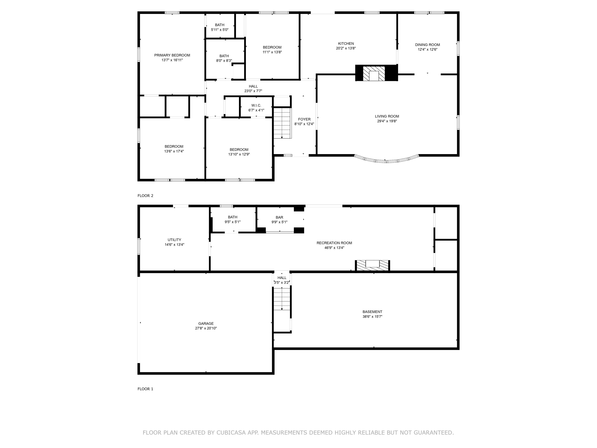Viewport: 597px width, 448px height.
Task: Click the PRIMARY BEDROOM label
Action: coord(172,55)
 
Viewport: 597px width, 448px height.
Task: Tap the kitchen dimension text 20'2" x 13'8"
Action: coord(346,48)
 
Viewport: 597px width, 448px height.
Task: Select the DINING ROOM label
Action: coord(427,45)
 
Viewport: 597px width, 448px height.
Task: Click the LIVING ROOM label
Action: coord(387,116)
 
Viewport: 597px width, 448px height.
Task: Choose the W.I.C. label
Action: coord(256,106)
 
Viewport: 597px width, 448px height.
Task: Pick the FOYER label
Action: coord(304,119)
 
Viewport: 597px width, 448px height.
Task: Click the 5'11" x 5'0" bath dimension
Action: coord(220,30)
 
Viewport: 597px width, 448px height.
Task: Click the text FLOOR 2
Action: coord(145,196)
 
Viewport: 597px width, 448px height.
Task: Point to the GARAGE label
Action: coord(206,324)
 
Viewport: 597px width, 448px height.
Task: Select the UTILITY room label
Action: coord(174,240)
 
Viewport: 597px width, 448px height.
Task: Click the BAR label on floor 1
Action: coord(279,217)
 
